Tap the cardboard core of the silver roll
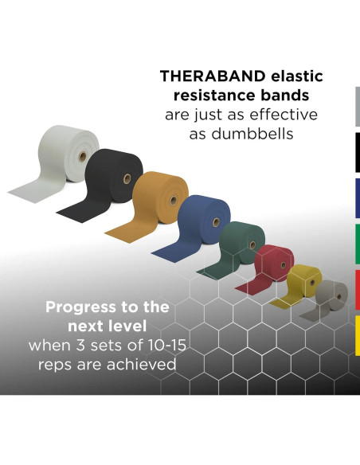click(x=84, y=147)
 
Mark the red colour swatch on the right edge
click(x=356, y=291)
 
